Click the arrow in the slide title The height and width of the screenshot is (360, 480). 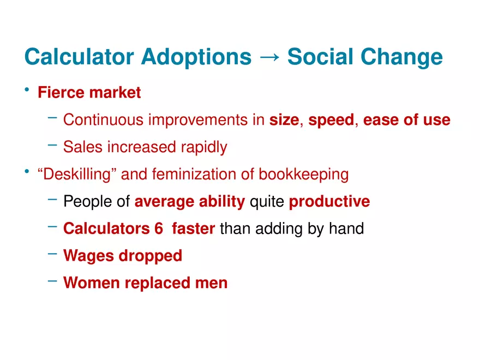pyautogui.click(x=269, y=57)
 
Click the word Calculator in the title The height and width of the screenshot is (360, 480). pyautogui.click(x=79, y=57)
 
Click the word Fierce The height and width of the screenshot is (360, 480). pyautogui.click(x=61, y=92)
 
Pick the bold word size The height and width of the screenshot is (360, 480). pyautogui.click(x=284, y=119)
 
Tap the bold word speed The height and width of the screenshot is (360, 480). pyautogui.click(x=331, y=120)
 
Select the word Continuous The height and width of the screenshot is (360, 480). pyautogui.click(x=103, y=119)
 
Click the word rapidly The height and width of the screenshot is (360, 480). pyautogui.click(x=204, y=147)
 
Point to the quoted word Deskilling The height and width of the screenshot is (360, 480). pyautogui.click(x=77, y=175)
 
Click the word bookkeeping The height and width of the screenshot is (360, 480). pyautogui.click(x=304, y=175)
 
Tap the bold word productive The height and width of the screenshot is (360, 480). pyautogui.click(x=329, y=202)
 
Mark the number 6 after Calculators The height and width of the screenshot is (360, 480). pyautogui.click(x=159, y=229)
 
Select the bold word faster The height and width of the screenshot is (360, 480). pyautogui.click(x=194, y=229)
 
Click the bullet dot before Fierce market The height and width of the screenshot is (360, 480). pyautogui.click(x=27, y=89)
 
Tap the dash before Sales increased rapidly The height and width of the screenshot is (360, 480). pyautogui.click(x=52, y=145)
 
